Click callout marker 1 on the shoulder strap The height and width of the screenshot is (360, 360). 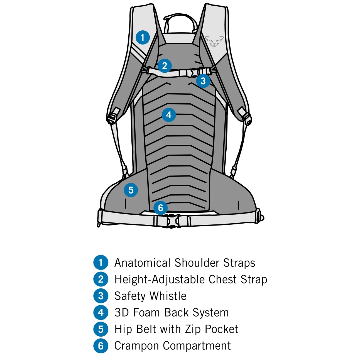143,37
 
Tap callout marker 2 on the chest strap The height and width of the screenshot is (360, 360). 164,66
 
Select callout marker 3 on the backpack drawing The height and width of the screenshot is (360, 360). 203,81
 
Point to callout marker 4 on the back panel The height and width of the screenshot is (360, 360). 169,115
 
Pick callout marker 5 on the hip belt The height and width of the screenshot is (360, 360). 131,190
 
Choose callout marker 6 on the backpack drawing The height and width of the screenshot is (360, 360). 160,208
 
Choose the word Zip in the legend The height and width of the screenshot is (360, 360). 193,329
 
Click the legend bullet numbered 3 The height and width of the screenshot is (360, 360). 101,296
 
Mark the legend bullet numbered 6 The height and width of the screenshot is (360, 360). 101,346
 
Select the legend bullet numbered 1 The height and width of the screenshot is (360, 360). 101,263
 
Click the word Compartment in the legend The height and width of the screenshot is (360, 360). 197,346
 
